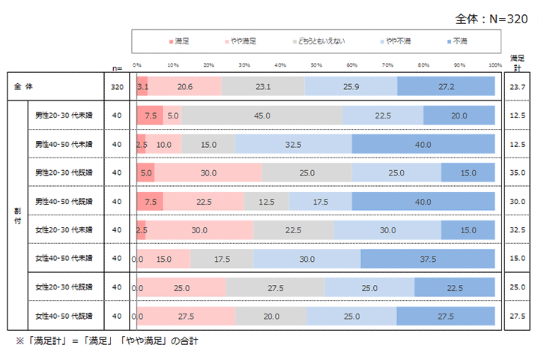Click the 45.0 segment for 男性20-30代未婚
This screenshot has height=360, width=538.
point(262,115)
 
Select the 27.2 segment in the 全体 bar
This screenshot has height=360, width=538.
point(447,87)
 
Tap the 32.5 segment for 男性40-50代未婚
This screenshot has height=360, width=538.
point(294,144)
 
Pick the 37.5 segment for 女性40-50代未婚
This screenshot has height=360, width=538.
point(428,258)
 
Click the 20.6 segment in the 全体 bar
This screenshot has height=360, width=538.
point(185,87)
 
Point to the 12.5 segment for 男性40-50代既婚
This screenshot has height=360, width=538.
point(267,201)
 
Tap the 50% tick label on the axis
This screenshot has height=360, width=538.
point(315,65)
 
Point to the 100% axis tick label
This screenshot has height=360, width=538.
point(495,65)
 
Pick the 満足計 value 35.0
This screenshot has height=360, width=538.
point(517,172)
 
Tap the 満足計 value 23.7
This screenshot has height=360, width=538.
point(517,87)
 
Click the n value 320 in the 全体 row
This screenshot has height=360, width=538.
point(116,87)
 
